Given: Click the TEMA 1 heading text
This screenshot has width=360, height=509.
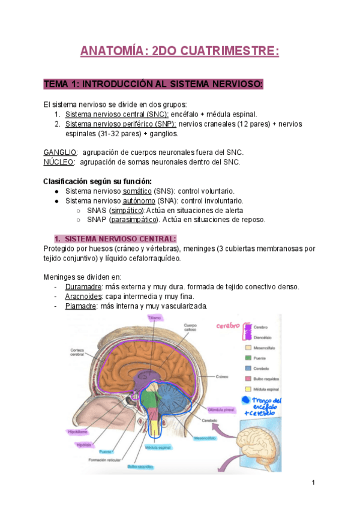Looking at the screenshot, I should pyautogui.click(x=153, y=84).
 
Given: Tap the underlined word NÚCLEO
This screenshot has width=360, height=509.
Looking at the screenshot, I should pyautogui.click(x=59, y=161).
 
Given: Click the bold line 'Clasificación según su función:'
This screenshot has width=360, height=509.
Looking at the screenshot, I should pyautogui.click(x=98, y=181).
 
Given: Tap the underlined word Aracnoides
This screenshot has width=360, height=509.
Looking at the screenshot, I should pyautogui.click(x=83, y=296).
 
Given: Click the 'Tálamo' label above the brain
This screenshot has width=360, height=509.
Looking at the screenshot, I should pyautogui.click(x=155, y=318).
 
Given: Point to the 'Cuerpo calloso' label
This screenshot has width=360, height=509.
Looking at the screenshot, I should pyautogui.click(x=192, y=329).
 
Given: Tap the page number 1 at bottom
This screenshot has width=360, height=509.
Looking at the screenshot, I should pyautogui.click(x=314, y=483).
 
